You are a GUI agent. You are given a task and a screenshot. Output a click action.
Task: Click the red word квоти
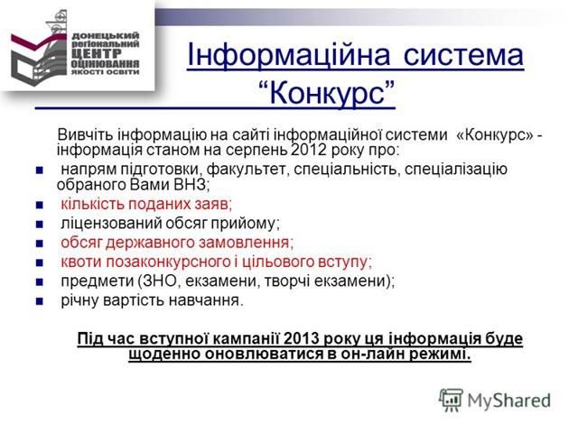79,261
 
